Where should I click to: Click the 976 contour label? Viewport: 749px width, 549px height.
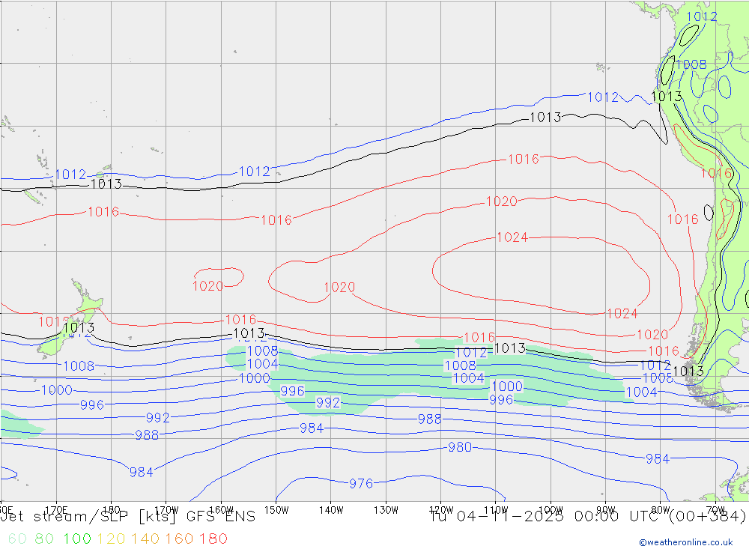tap(361, 484)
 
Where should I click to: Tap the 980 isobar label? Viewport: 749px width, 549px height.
tap(460, 447)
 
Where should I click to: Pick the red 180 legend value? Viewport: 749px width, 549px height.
tap(214, 539)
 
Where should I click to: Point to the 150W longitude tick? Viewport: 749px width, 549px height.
tap(276, 509)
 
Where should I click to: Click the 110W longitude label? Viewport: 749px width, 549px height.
tap(496, 509)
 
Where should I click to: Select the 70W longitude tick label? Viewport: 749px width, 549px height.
tap(716, 509)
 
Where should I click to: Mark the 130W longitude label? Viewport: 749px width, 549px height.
tap(386, 509)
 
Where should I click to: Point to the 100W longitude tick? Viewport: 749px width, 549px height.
tap(551, 509)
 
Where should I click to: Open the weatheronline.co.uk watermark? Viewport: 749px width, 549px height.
tap(685, 542)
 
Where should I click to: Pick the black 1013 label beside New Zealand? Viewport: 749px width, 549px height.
tap(79, 327)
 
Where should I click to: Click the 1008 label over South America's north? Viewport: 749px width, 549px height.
tap(691, 64)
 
